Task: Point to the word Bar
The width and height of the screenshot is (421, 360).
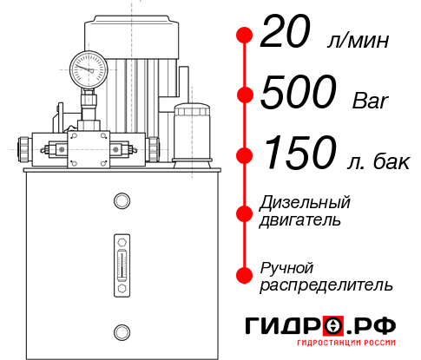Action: (x=372, y=99)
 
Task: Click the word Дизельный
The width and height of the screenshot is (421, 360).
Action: (x=305, y=203)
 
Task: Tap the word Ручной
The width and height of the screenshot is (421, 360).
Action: (x=287, y=266)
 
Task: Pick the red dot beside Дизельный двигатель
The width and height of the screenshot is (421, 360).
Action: (x=244, y=212)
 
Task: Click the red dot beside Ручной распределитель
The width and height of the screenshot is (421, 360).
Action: (x=244, y=275)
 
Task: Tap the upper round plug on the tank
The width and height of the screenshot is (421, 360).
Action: (x=121, y=202)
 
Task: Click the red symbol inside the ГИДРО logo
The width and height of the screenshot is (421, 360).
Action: (x=333, y=326)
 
